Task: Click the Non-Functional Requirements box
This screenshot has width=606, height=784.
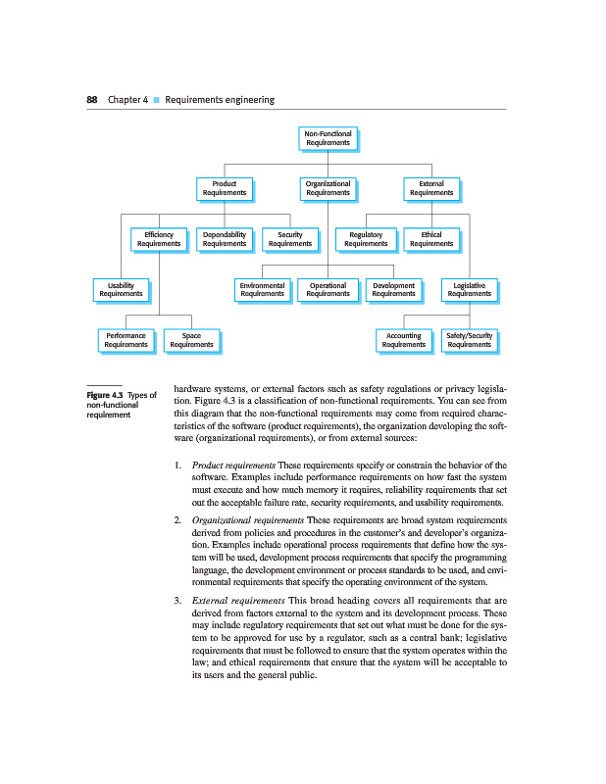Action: click(x=328, y=138)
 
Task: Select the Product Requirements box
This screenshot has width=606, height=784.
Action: click(x=225, y=188)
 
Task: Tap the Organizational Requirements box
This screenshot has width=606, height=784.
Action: click(x=328, y=188)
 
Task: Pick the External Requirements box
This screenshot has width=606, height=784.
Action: click(x=431, y=188)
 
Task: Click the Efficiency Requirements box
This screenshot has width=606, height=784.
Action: click(x=159, y=239)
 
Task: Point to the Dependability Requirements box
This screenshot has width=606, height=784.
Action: click(x=225, y=239)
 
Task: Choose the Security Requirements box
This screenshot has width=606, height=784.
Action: click(x=290, y=239)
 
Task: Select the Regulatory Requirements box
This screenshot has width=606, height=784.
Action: click(x=366, y=239)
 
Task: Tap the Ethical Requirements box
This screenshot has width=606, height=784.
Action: click(x=431, y=239)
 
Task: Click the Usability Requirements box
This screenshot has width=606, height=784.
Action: click(x=122, y=289)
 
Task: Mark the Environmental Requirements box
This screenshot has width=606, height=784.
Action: click(x=262, y=289)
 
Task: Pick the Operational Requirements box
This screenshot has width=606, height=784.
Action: click(x=328, y=289)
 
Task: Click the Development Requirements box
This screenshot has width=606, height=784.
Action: click(x=394, y=289)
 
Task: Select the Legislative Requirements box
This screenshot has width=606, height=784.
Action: click(x=470, y=289)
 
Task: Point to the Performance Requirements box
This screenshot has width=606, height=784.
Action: click(x=126, y=340)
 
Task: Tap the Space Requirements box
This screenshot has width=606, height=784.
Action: click(x=191, y=340)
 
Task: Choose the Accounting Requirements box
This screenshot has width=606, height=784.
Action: click(x=404, y=340)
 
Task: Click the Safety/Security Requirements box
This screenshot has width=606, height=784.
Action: click(x=470, y=340)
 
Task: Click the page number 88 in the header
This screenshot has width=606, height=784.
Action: click(x=92, y=100)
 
